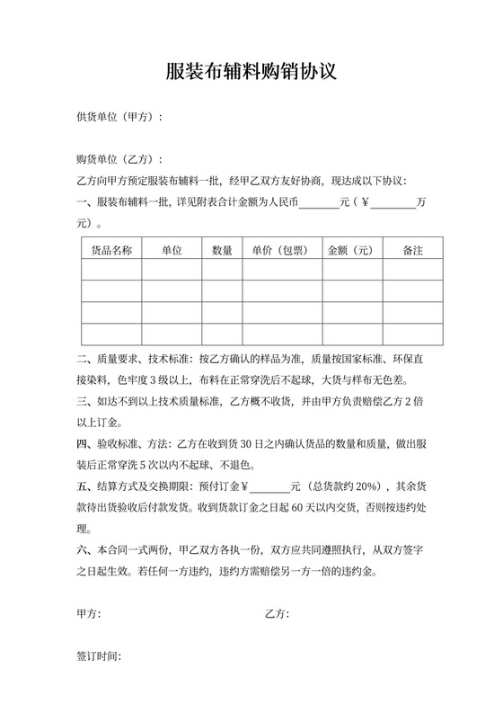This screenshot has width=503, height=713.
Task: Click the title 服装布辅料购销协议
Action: (x=251, y=72)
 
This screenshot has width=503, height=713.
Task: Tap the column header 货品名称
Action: (x=112, y=250)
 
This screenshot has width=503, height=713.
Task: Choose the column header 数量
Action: (x=222, y=250)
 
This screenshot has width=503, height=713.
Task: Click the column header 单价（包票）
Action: (x=282, y=250)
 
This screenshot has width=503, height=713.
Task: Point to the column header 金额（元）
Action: (x=352, y=250)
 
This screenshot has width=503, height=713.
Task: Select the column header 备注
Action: (x=412, y=250)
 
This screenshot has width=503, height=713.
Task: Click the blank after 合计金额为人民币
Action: (x=319, y=203)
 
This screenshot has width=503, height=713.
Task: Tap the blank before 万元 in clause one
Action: (x=393, y=203)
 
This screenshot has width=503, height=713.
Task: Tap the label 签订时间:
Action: (x=99, y=657)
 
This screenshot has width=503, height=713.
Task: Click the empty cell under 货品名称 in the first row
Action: (x=112, y=271)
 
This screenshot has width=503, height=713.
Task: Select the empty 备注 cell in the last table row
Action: (x=412, y=334)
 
